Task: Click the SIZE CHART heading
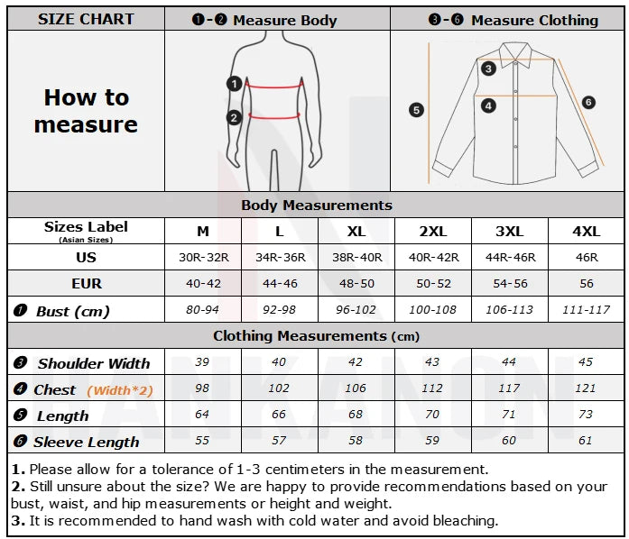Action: click(86, 19)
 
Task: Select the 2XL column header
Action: click(433, 232)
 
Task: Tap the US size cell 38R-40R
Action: click(356, 258)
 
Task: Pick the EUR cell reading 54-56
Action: click(510, 284)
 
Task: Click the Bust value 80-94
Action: click(203, 310)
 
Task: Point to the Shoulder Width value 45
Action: click(587, 362)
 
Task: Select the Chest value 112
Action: click(433, 388)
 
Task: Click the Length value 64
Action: click(203, 415)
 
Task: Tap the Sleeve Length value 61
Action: click(587, 441)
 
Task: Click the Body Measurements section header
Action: click(316, 206)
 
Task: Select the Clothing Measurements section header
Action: click(316, 336)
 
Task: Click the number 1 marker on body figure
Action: click(234, 84)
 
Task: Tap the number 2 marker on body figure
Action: click(234, 116)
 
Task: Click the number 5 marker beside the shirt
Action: click(416, 110)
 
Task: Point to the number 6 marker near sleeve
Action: click(588, 103)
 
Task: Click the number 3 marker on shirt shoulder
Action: click(488, 68)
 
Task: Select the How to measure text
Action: click(86, 111)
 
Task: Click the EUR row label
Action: click(86, 284)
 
